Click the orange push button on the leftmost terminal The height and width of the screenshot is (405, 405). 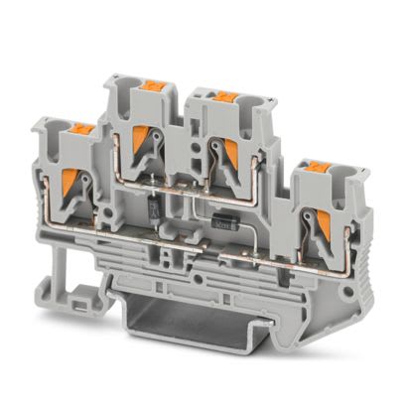pyautogui.click(x=80, y=128)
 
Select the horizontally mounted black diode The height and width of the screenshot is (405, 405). pyautogui.click(x=227, y=224)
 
